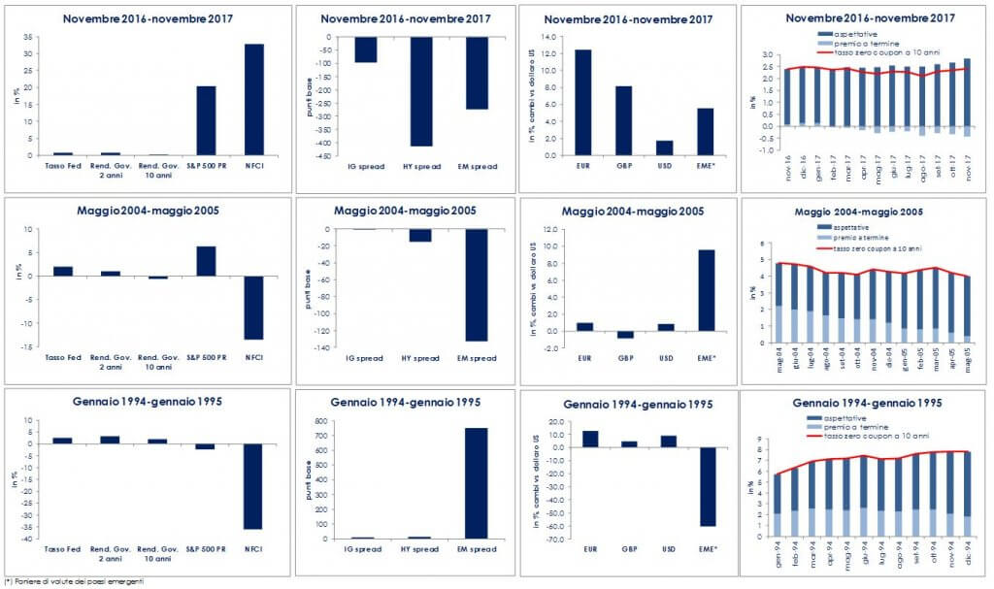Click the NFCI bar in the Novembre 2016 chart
[x=254, y=99]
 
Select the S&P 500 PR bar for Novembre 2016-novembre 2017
[x=206, y=120]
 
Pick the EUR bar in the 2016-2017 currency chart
[x=582, y=102]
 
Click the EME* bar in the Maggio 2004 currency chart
[x=706, y=290]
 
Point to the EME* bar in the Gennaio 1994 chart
[x=706, y=486]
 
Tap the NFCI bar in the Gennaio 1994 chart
[x=254, y=486]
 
